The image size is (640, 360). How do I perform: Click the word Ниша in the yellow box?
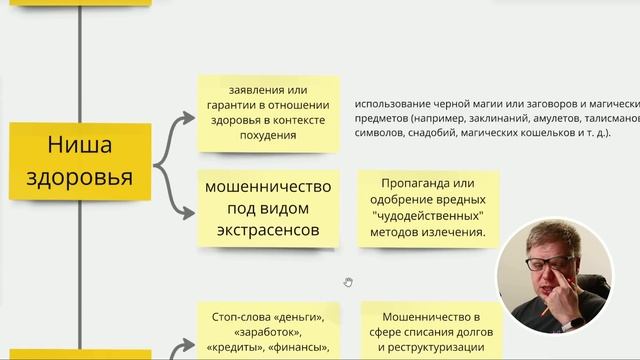point(79,146)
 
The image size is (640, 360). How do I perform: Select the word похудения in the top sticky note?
point(268,134)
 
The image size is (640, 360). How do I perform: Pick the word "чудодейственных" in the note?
point(427,216)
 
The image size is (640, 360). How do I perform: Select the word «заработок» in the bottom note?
point(267,331)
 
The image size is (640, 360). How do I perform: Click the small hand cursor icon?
point(347,282)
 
